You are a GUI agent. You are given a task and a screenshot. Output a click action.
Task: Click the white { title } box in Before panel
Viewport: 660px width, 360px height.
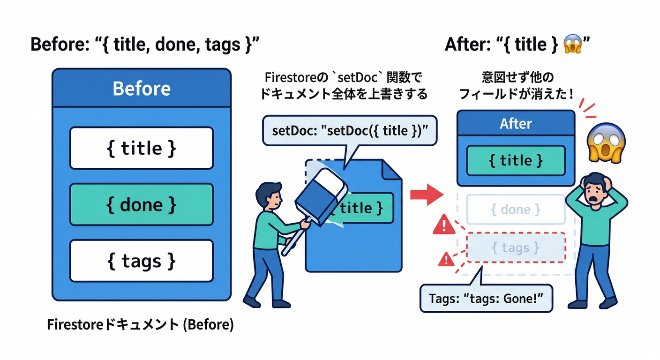coord(142,148)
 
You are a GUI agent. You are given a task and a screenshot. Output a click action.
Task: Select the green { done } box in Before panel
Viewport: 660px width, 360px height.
coord(142,204)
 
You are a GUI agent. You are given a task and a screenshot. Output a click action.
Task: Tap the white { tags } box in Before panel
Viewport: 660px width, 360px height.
coord(142,261)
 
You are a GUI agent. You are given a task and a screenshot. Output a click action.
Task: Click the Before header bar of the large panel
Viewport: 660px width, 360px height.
coord(142,88)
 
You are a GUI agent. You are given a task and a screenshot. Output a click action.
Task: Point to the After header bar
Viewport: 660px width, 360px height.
coord(516,123)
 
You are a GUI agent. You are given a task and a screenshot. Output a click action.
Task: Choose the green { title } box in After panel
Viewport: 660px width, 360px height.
coord(516,161)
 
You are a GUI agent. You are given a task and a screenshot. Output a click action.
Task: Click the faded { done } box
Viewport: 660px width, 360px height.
coord(516,209)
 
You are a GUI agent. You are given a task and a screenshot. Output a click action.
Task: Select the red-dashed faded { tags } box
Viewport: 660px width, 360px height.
coord(516,247)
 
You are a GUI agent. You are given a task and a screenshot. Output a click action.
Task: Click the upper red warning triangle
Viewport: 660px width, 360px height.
coord(443,225)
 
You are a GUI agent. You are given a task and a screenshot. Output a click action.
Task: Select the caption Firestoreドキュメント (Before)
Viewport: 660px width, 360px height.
coord(140,325)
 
